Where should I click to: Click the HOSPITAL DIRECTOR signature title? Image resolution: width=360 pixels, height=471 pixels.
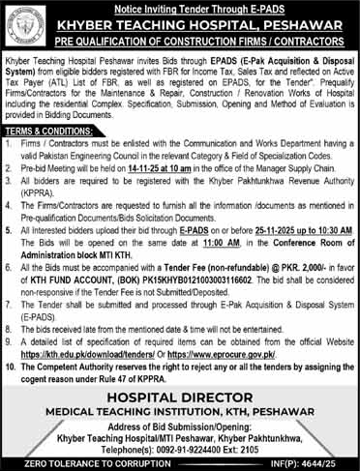pos(180,368)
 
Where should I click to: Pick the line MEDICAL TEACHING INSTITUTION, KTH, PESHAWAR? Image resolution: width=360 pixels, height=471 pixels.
pos(180,384)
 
